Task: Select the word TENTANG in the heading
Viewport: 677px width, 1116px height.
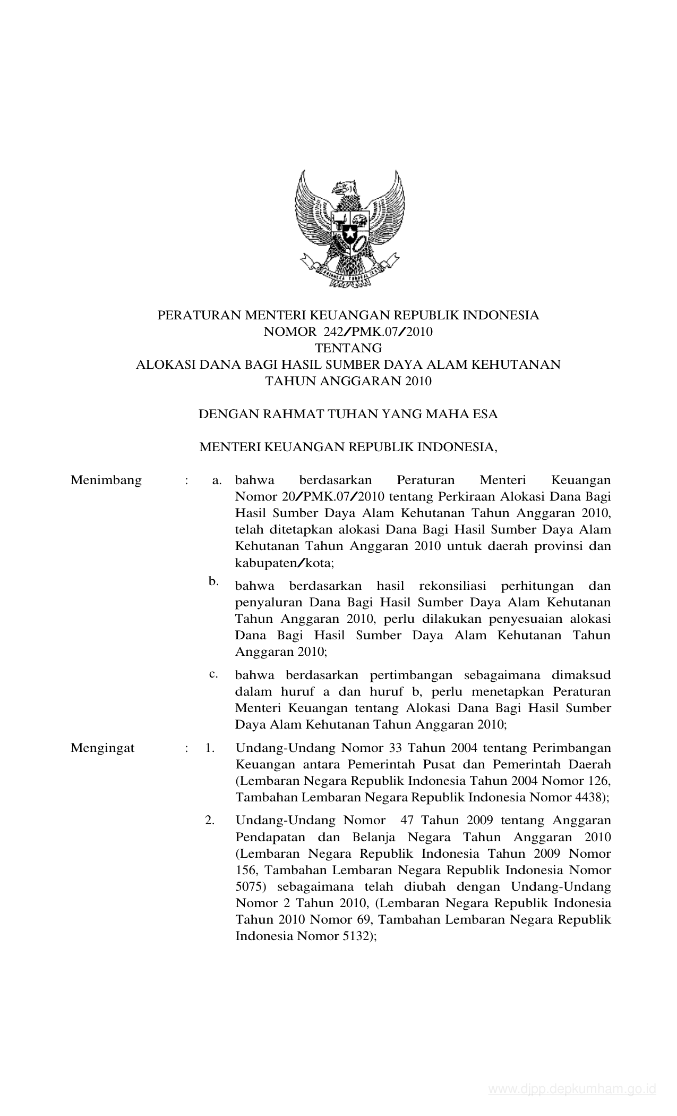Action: [348, 349]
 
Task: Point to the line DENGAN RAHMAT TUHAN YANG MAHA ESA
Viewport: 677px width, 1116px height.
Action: [348, 415]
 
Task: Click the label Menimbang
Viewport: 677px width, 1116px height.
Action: [106, 480]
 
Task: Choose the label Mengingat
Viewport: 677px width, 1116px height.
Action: [102, 748]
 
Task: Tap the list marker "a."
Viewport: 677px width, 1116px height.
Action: [216, 481]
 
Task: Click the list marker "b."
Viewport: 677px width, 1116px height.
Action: [213, 581]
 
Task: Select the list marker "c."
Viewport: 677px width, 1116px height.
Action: [213, 674]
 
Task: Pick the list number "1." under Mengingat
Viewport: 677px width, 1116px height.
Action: [210, 748]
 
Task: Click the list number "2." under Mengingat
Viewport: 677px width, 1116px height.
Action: [210, 821]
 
